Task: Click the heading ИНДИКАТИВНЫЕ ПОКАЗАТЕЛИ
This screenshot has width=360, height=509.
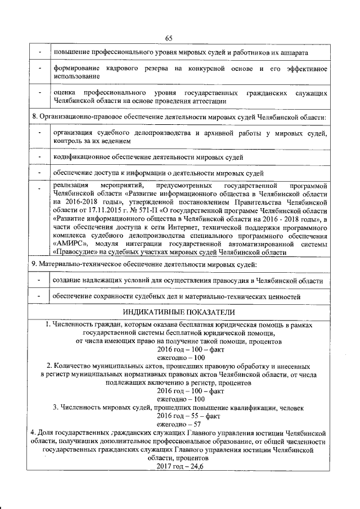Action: click(180, 312)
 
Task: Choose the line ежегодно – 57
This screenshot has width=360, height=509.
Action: click(180, 424)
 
